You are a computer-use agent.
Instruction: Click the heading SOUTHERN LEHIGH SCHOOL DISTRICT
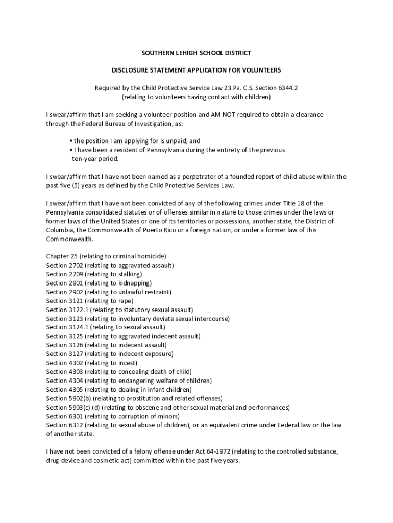(196, 53)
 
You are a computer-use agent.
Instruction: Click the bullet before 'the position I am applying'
(70, 141)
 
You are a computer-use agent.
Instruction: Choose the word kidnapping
(134, 283)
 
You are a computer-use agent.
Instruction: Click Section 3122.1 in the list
(67, 310)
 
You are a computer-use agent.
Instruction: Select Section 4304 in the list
(64, 381)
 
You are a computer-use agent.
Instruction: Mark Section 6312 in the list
(64, 425)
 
